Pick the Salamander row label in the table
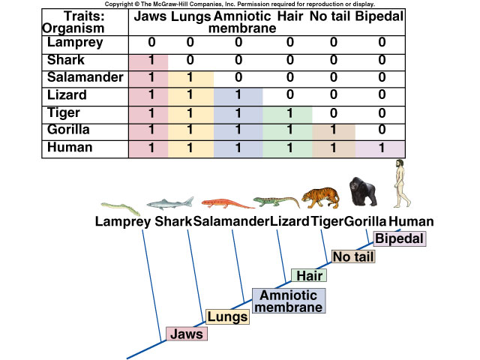(x=80, y=78)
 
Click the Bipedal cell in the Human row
(x=382, y=148)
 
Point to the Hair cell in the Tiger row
(x=287, y=113)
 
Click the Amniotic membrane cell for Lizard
(x=238, y=96)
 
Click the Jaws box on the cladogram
(x=185, y=334)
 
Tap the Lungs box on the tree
(x=228, y=316)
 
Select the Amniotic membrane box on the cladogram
(x=289, y=301)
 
